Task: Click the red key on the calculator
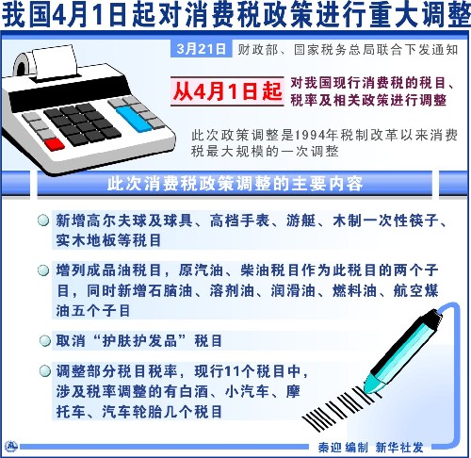pyautogui.click(x=55, y=144)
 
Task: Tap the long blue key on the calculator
pyautogui.click(x=134, y=119)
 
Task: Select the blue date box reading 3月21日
pyautogui.click(x=201, y=49)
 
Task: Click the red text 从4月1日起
pyautogui.click(x=227, y=91)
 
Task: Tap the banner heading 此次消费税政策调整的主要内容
pyautogui.click(x=235, y=184)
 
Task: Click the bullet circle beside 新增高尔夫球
pyautogui.click(x=43, y=221)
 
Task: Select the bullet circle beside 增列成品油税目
pyautogui.click(x=43, y=270)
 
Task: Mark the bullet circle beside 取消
pyautogui.click(x=45, y=340)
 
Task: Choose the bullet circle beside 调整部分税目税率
pyautogui.click(x=45, y=371)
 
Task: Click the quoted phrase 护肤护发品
pyautogui.click(x=139, y=341)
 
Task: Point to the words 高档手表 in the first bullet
pyautogui.click(x=240, y=221)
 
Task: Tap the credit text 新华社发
pyautogui.click(x=399, y=448)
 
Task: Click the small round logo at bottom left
pyautogui.click(x=11, y=447)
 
